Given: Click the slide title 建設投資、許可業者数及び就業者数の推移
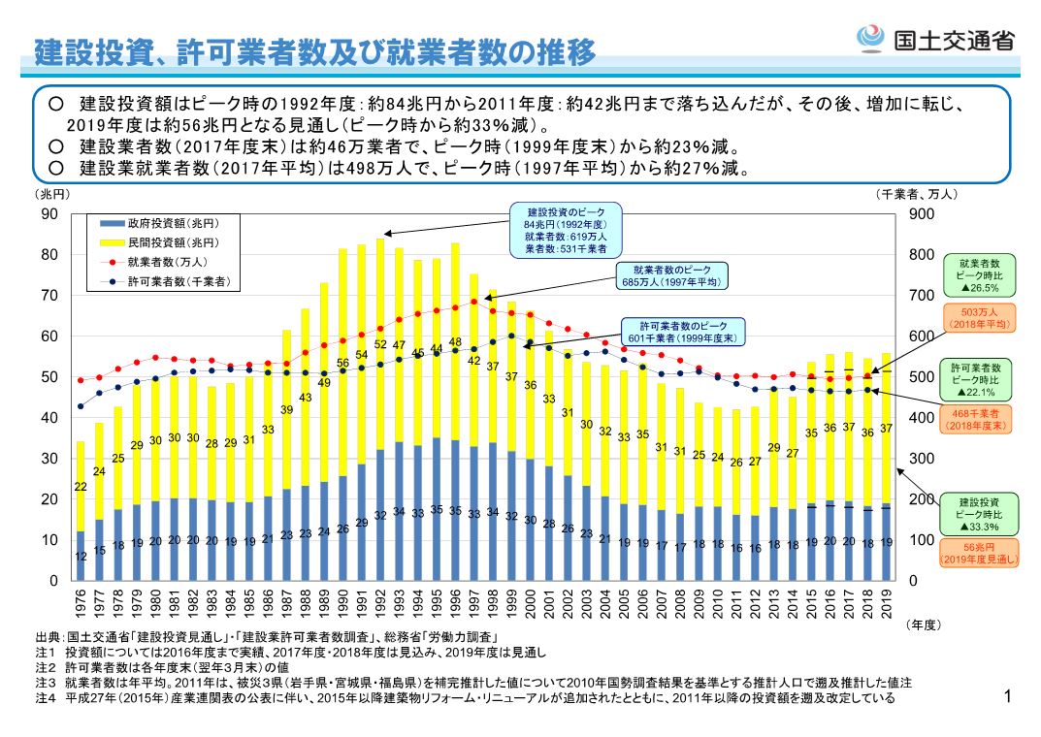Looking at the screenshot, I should coord(314,53).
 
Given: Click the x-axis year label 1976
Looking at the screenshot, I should coord(81,603).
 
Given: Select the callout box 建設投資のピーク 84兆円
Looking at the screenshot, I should coord(567,230).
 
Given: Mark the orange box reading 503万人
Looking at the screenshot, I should coord(980,318).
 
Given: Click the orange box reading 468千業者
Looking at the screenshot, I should coord(980,418).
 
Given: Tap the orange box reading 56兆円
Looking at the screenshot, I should coord(980,553).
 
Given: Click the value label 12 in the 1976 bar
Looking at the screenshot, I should coord(81,557).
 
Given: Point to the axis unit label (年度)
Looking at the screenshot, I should coord(922,625).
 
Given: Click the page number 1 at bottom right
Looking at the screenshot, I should coord(1009,697).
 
